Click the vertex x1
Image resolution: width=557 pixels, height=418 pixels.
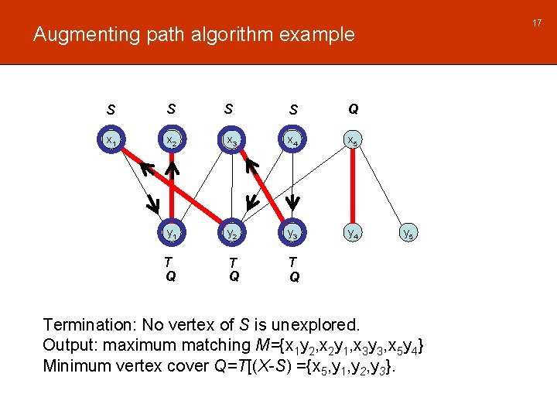coord(111,141)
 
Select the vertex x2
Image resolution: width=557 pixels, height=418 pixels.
coord(171,141)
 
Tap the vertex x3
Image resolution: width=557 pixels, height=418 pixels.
coord(231,141)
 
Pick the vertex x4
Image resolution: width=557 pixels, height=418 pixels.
coord(292,141)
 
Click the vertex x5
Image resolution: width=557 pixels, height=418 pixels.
coord(352,141)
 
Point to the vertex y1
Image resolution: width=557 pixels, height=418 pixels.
coord(171,231)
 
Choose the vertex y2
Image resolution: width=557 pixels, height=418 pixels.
coord(231,231)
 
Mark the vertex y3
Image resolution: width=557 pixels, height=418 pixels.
coord(292,231)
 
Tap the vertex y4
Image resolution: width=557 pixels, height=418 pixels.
coord(352,231)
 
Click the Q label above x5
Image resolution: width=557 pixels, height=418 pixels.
coord(353,109)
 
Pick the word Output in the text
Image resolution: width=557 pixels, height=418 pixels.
coord(68,344)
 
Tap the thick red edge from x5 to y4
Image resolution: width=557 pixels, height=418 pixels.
coord(352,186)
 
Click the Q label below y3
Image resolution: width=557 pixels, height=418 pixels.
coord(295,277)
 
